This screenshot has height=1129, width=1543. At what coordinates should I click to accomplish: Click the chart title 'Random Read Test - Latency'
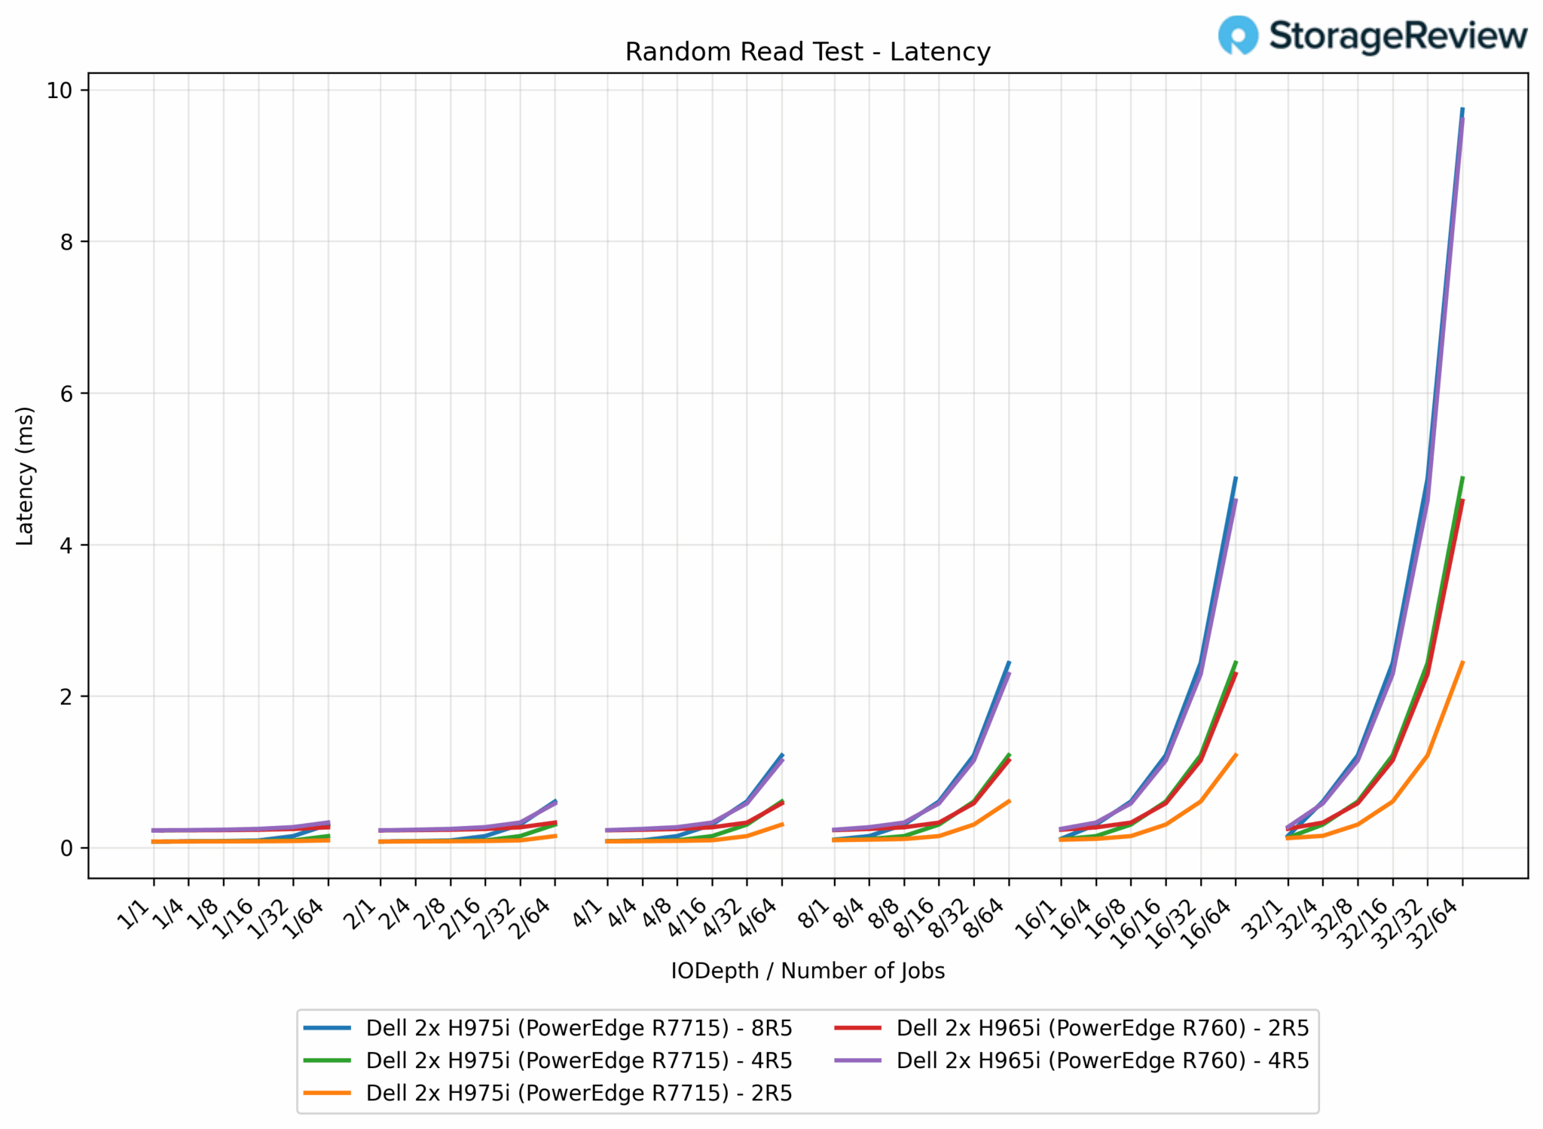pyautogui.click(x=807, y=52)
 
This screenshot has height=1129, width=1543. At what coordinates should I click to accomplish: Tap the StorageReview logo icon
pyautogui.click(x=1238, y=35)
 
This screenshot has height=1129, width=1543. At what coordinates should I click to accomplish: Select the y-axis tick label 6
pyautogui.click(x=66, y=393)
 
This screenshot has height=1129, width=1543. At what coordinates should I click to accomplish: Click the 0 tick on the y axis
pyautogui.click(x=66, y=848)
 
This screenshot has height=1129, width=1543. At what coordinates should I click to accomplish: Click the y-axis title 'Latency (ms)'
pyautogui.click(x=25, y=476)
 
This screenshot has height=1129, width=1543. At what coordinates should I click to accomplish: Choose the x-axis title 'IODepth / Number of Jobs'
pyautogui.click(x=807, y=971)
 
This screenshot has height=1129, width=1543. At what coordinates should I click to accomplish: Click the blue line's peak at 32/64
pyautogui.click(x=1462, y=109)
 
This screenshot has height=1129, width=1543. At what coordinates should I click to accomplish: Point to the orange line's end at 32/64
pyautogui.click(x=1462, y=662)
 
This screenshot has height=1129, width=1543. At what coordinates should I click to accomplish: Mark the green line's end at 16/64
pyautogui.click(x=1236, y=662)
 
